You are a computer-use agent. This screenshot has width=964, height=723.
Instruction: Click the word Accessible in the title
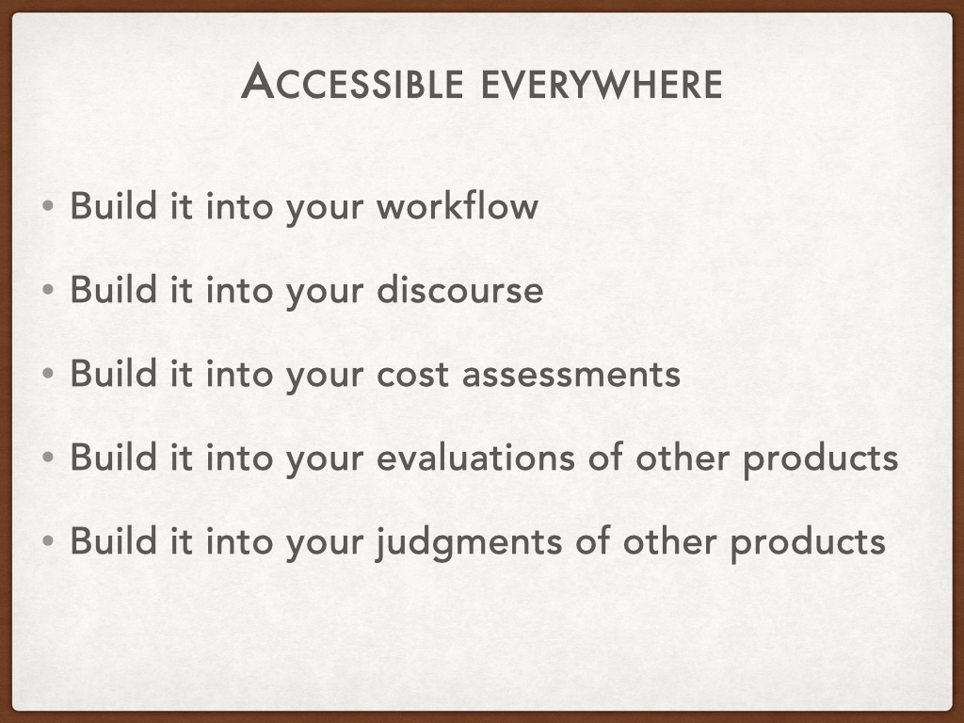(x=352, y=82)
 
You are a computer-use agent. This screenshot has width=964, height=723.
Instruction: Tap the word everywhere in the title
(x=602, y=86)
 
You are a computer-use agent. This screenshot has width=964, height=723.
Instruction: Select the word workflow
(x=458, y=205)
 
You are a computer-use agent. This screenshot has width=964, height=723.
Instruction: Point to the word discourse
(x=459, y=290)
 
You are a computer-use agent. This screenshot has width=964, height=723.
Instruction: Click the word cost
(x=412, y=375)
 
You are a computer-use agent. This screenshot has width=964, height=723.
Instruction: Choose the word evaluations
(x=475, y=458)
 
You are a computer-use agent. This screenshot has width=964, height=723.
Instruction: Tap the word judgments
(x=469, y=543)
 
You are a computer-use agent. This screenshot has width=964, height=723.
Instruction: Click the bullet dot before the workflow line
(x=48, y=206)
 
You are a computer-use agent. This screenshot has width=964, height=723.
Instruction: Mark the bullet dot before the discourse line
(x=48, y=290)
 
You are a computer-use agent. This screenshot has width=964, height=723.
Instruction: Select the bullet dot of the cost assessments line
(x=48, y=373)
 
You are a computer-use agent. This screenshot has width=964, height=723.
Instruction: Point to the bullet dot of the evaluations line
(x=48, y=457)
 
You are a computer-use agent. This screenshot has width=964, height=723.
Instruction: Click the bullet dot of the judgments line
(x=48, y=541)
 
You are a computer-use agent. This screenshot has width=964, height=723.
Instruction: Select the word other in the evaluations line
(x=683, y=458)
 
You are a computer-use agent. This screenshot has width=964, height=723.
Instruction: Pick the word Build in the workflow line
(x=113, y=205)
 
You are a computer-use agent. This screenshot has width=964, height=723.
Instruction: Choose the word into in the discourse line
(x=239, y=290)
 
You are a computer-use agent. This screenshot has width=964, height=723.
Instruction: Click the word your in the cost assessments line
(x=325, y=377)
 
